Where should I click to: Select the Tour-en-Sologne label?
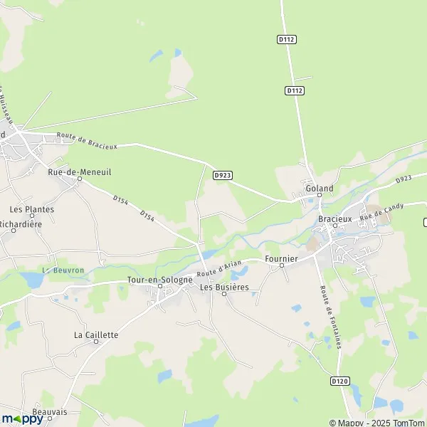coord(159,280)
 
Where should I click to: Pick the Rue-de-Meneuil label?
coord(80,172)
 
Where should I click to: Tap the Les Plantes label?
coord(31,209)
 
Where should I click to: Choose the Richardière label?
coord(21,223)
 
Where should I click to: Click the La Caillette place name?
coord(96,334)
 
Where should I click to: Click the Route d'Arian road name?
coord(221,268)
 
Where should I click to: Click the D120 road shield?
coord(340,381)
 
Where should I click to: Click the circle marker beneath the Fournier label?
coord(281,266)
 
